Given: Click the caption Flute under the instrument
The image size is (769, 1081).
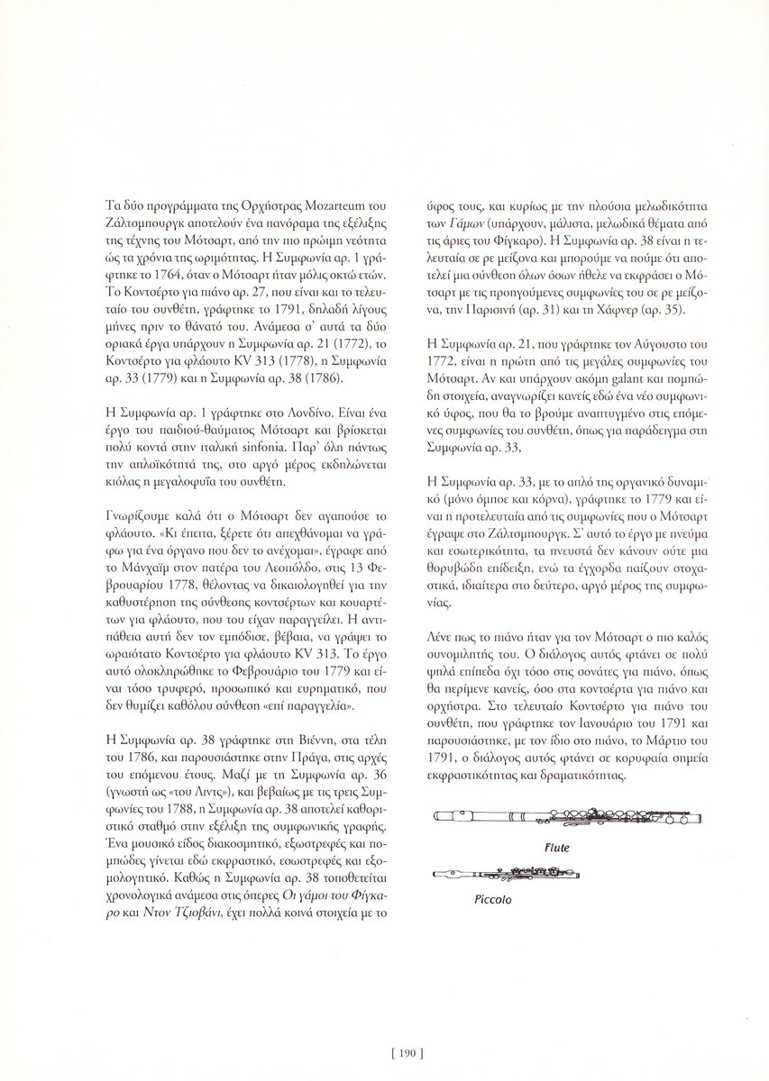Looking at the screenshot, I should (x=557, y=849).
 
